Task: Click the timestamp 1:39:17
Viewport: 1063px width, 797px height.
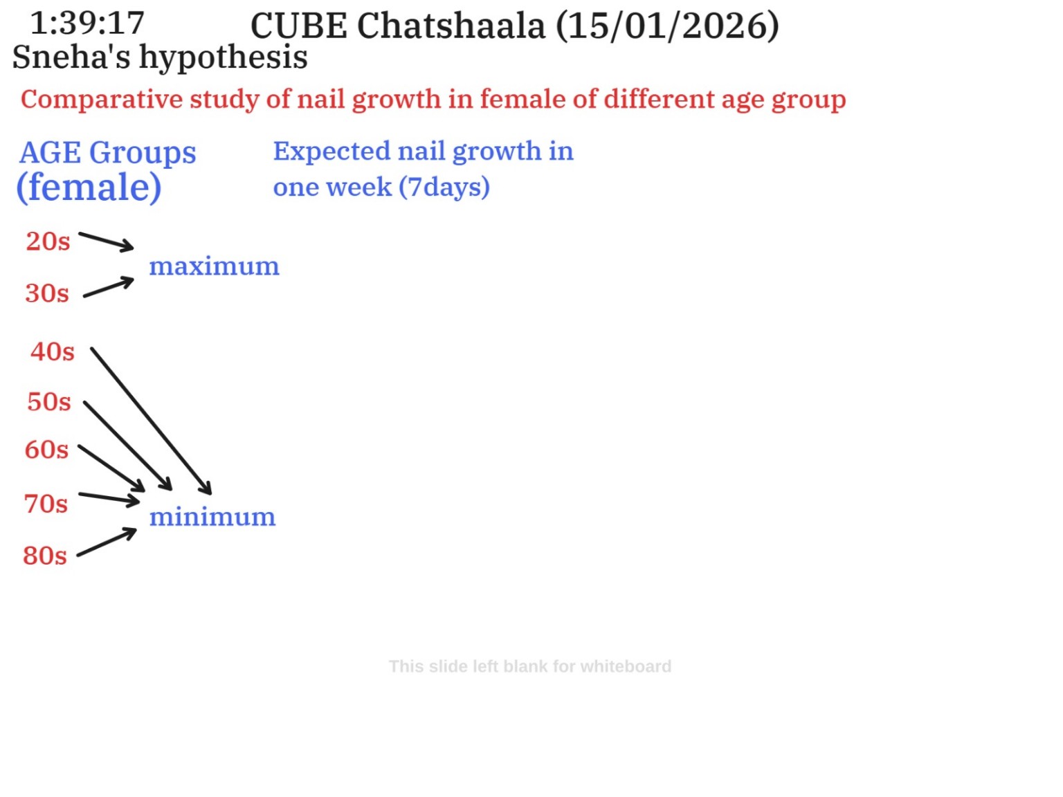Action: click(x=87, y=23)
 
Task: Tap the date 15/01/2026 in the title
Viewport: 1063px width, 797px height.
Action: click(x=667, y=26)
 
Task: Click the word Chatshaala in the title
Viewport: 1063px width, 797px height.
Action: click(x=451, y=26)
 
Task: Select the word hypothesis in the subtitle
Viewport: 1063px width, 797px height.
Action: click(x=224, y=58)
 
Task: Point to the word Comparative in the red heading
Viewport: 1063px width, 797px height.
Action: click(x=102, y=100)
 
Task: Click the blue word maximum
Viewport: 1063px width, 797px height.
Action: click(x=214, y=266)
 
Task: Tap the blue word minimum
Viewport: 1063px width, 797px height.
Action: click(x=212, y=516)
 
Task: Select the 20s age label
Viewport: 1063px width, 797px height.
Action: click(x=48, y=241)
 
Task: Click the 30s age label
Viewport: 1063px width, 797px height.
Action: click(x=47, y=293)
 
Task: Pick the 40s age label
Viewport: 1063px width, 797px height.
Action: click(x=53, y=351)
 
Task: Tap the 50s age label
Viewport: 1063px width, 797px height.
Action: click(x=49, y=402)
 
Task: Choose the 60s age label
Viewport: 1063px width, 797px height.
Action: click(x=46, y=450)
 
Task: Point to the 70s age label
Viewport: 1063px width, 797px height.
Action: click(x=46, y=503)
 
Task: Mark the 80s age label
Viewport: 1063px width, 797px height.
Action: click(x=45, y=555)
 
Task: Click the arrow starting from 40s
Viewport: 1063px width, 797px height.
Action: click(x=151, y=421)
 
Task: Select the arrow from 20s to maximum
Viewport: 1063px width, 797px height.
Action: click(x=106, y=241)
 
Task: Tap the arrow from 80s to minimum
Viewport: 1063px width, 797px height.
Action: click(x=107, y=542)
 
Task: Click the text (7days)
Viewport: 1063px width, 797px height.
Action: click(x=444, y=187)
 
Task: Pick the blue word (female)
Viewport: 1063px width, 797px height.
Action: click(x=89, y=187)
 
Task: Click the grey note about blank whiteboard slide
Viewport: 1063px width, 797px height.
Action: click(x=530, y=666)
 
